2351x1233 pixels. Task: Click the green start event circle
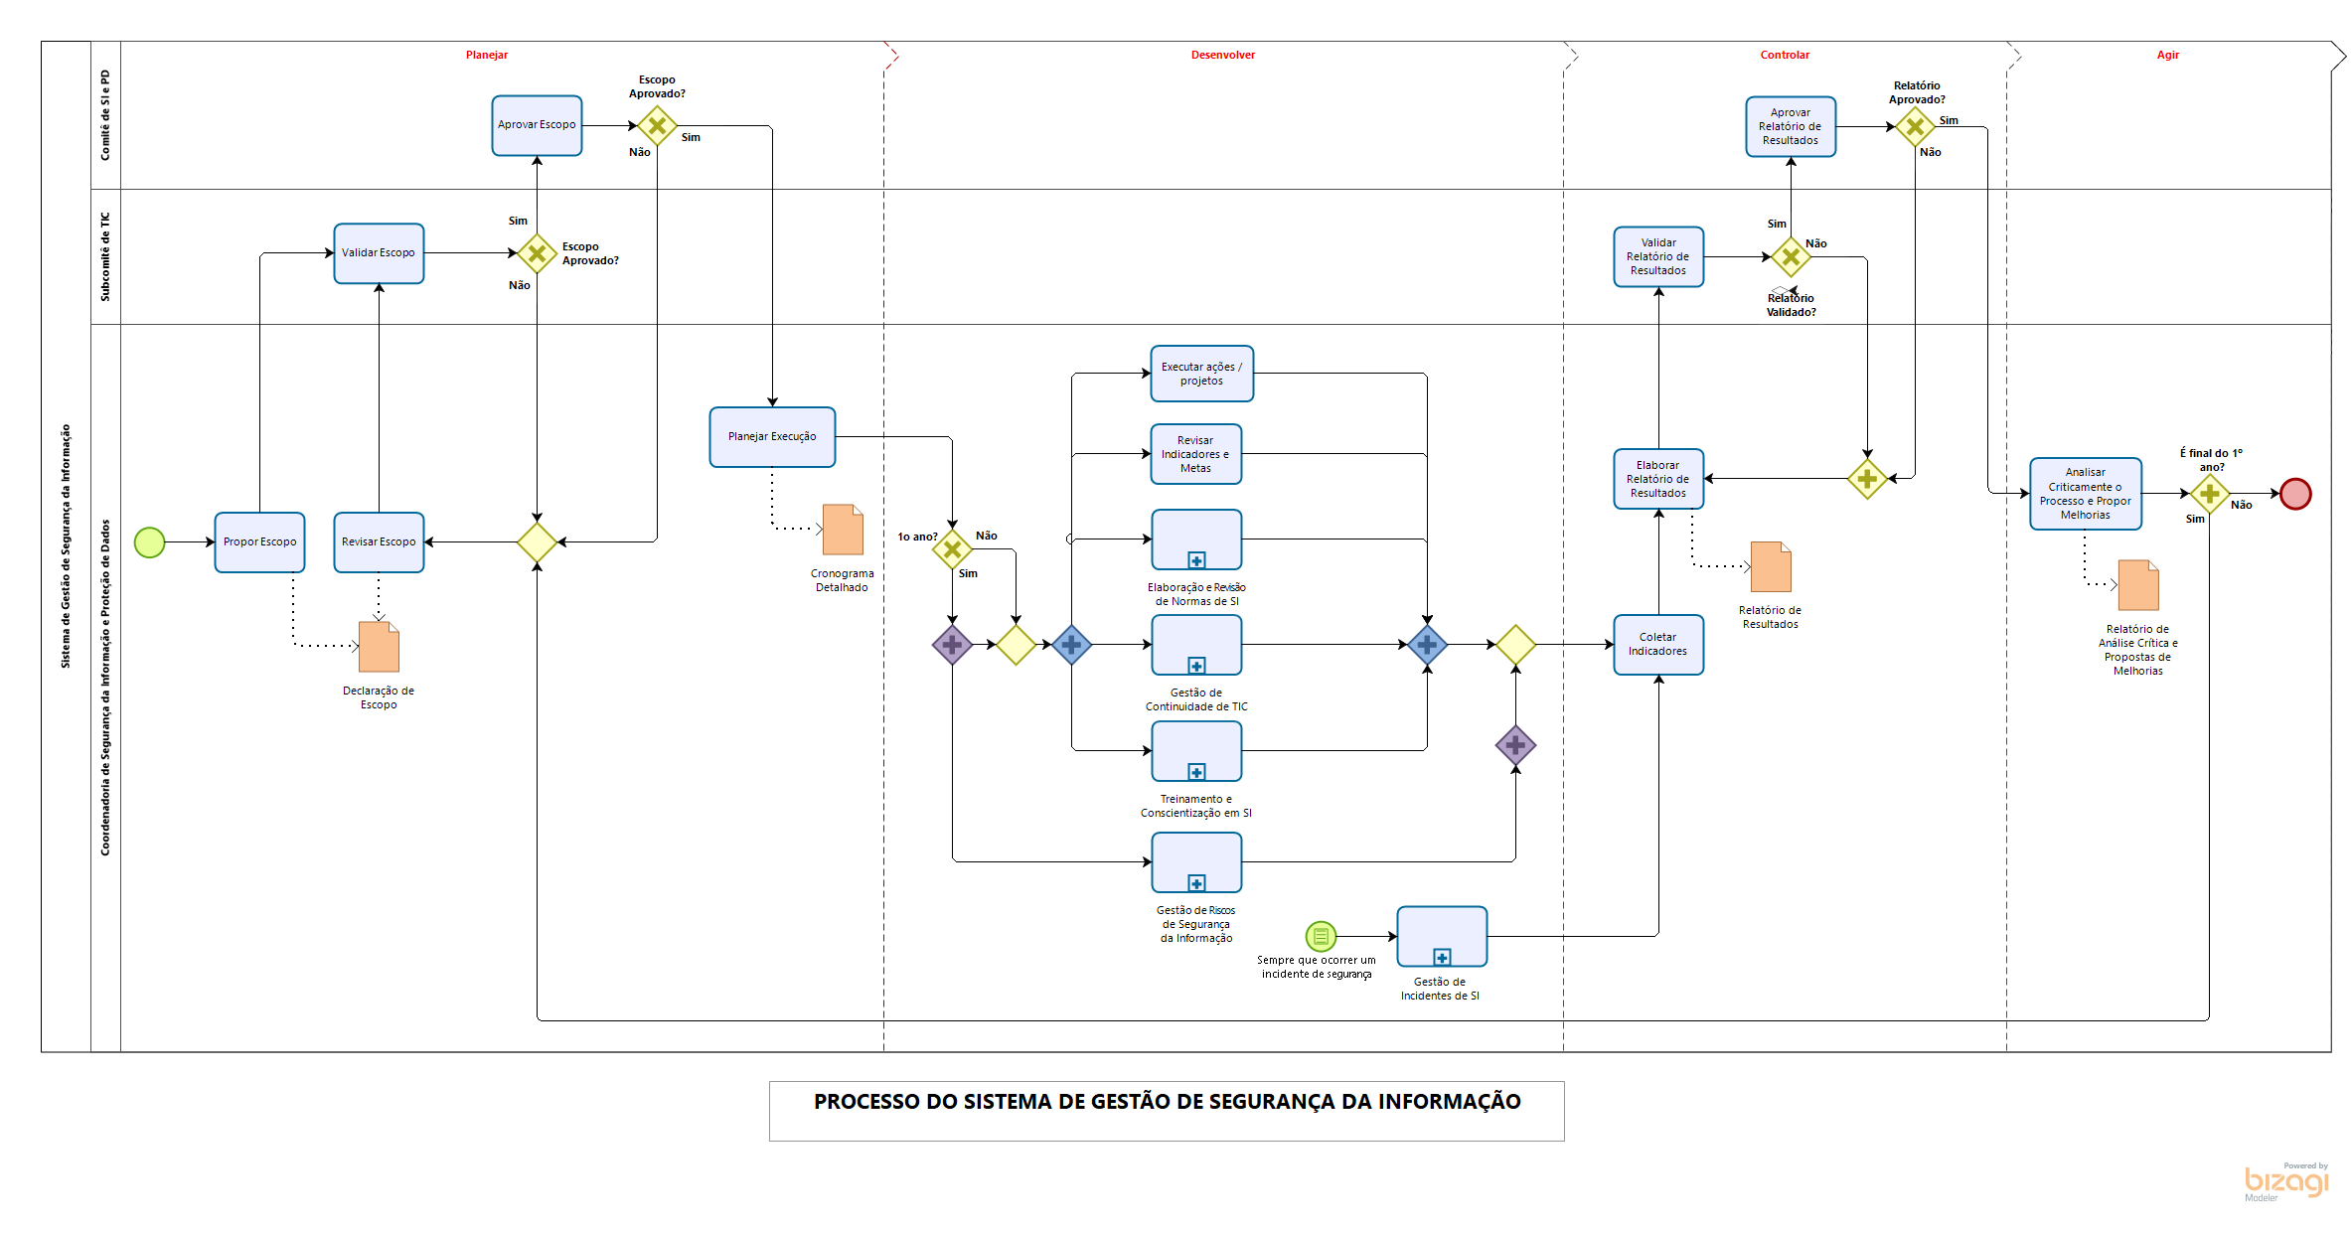click(x=149, y=542)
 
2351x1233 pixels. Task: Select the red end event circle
click(x=2295, y=494)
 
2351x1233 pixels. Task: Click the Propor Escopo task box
click(x=259, y=542)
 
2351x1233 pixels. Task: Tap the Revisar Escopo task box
click(x=379, y=542)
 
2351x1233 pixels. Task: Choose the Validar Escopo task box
click(x=379, y=253)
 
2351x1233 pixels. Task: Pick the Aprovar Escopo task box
click(x=537, y=125)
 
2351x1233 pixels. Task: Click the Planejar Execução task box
click(x=772, y=437)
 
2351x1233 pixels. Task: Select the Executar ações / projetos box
click(x=1201, y=374)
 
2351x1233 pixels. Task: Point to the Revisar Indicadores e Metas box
click(x=1195, y=454)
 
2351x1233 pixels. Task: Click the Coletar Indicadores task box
click(x=1657, y=645)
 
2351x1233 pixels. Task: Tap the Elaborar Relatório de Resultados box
click(x=1657, y=479)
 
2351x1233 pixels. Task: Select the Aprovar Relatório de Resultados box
click(x=1790, y=127)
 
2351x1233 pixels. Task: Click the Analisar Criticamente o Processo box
click(x=2085, y=494)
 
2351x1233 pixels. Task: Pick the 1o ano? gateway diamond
click(x=952, y=548)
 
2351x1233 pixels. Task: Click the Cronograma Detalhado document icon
click(x=843, y=530)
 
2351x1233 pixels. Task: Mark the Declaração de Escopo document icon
click(x=379, y=647)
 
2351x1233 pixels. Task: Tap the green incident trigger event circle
click(x=1321, y=936)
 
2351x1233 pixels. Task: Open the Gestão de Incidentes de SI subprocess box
click(x=1441, y=936)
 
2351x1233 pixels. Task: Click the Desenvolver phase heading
click(x=1222, y=56)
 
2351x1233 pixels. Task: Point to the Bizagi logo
click(x=2285, y=1181)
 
